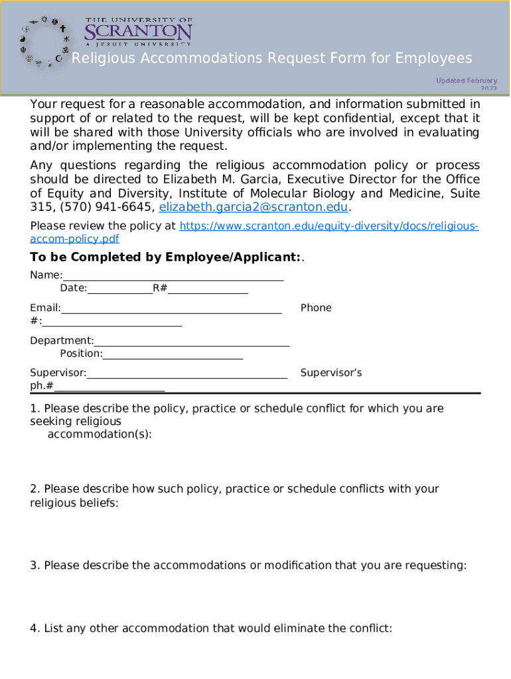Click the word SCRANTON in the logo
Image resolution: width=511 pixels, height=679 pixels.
tap(138, 32)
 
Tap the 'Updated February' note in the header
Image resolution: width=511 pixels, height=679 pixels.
tap(466, 82)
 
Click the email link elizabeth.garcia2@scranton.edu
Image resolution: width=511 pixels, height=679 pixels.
tap(254, 207)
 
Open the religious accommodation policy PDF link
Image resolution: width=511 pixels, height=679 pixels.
tap(329, 226)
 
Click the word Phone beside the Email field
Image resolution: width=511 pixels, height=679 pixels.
tap(316, 308)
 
